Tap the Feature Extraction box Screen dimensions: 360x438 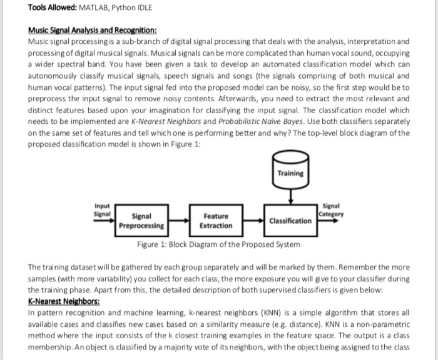pyautogui.click(x=216, y=221)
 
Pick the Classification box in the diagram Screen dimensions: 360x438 pyautogui.click(x=290, y=221)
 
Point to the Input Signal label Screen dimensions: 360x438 pyautogui.click(x=102, y=209)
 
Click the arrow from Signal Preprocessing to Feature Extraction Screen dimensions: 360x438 pyautogui.click(x=178, y=221)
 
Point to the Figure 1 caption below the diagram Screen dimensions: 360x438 pyautogui.click(x=218, y=244)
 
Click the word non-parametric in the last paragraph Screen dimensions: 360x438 pyautogui.click(x=380, y=322)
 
